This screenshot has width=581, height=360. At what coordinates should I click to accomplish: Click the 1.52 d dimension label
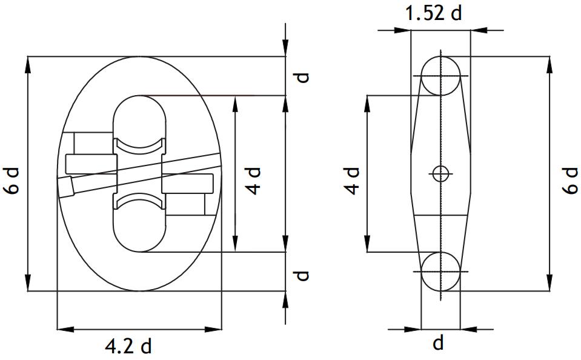(x=434, y=13)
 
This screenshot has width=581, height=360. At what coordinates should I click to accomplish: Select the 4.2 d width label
(x=128, y=346)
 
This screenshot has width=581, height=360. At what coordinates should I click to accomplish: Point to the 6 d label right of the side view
(x=569, y=179)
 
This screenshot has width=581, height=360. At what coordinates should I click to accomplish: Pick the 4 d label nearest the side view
(x=353, y=180)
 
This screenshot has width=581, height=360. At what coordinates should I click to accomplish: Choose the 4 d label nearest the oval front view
(x=255, y=180)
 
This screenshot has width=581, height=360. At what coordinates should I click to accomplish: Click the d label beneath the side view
(x=438, y=344)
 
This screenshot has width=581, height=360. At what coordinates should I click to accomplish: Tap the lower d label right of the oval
(x=304, y=275)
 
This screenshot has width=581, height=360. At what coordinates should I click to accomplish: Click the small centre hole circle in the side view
(x=441, y=174)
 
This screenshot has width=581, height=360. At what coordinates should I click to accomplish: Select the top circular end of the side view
(x=441, y=75)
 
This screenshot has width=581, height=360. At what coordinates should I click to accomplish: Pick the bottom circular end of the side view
(x=441, y=271)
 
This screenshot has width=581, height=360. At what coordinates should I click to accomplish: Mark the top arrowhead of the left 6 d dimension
(x=28, y=63)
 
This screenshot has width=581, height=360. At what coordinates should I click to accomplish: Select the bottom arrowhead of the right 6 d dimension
(x=549, y=284)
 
